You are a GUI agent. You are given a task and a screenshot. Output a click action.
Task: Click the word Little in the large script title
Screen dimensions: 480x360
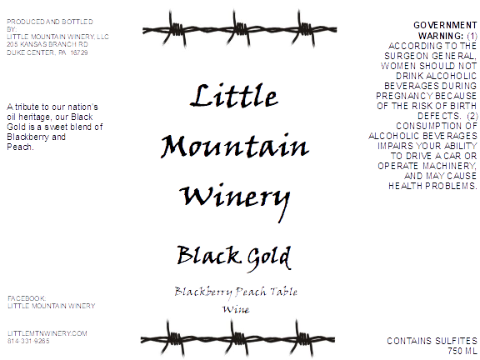234,96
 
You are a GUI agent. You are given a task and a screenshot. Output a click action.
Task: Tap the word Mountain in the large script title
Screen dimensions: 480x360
235,146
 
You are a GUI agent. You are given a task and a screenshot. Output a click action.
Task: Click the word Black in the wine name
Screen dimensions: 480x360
207,255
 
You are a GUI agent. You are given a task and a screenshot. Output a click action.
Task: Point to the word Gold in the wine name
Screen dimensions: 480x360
269,258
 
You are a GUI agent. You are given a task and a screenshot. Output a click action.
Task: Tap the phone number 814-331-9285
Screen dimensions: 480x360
28,341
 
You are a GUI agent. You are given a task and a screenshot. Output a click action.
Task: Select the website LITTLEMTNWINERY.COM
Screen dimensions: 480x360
47,333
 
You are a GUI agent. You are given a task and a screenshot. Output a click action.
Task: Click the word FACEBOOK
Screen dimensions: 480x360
27,298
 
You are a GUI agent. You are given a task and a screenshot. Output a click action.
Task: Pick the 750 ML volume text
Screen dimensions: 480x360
462,351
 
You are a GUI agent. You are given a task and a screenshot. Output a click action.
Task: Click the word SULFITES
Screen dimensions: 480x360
456,341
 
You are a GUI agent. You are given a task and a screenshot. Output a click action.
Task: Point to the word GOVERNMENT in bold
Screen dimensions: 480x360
445,25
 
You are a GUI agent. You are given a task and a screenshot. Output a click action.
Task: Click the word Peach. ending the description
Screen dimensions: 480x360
20,147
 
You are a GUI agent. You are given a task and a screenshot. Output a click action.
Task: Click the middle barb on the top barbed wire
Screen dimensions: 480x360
239,30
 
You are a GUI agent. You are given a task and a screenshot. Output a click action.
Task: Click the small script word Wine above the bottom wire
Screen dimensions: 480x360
236,309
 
